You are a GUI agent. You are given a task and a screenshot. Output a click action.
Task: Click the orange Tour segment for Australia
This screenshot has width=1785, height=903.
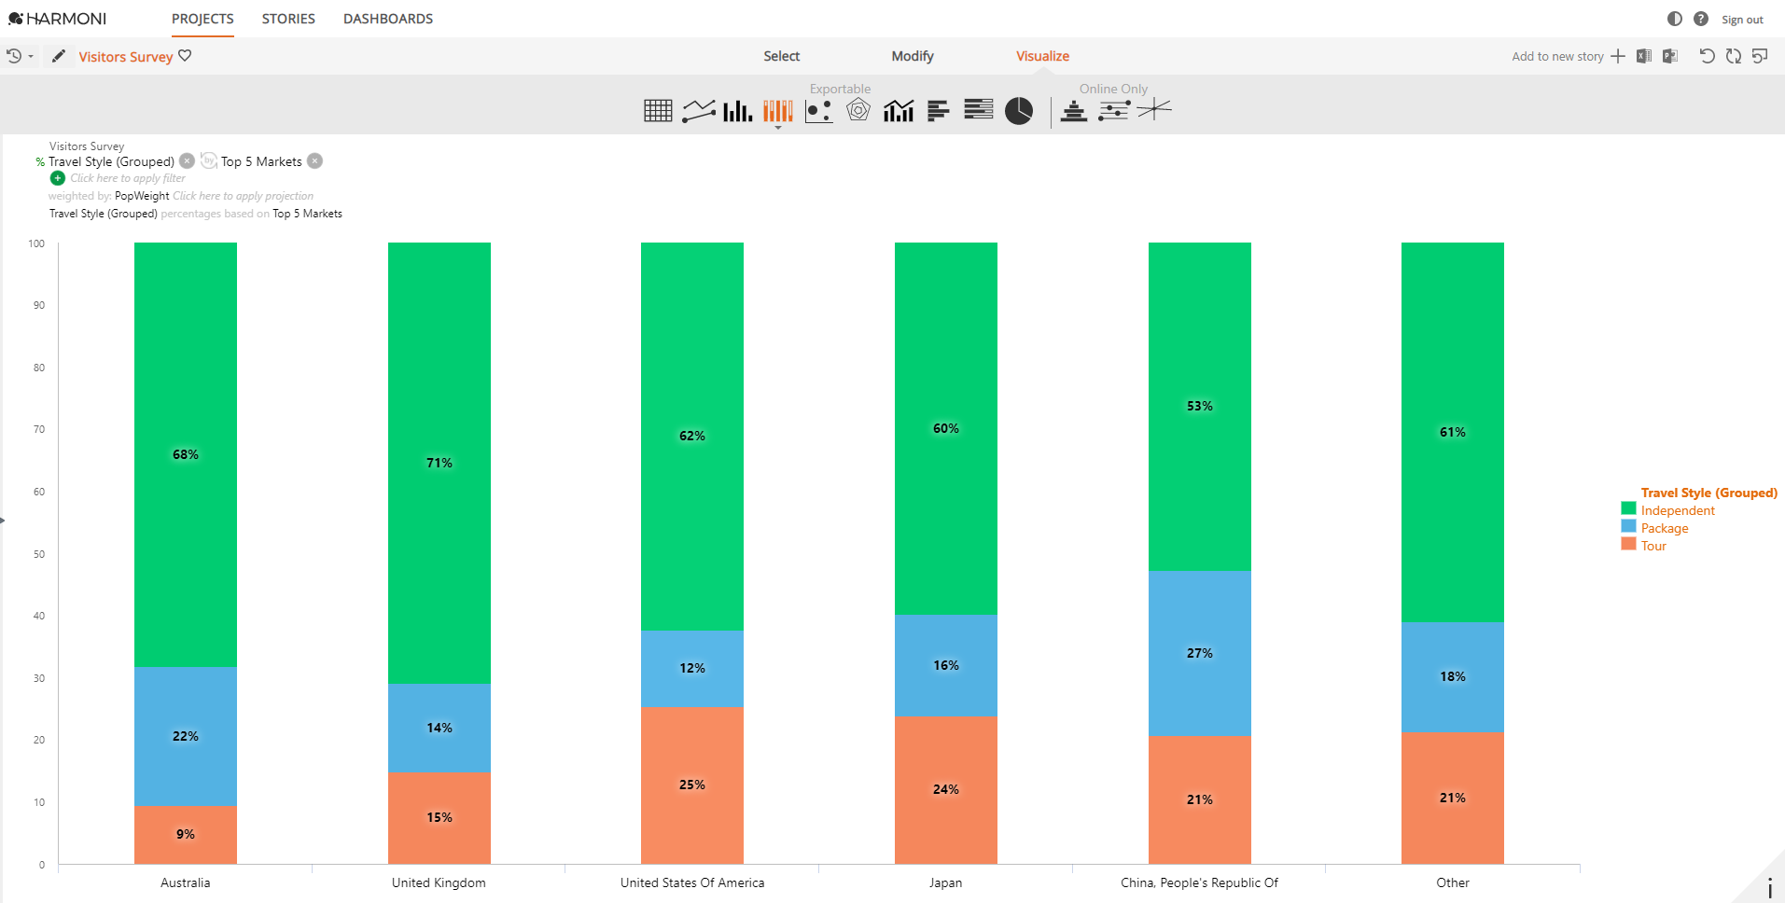(185, 834)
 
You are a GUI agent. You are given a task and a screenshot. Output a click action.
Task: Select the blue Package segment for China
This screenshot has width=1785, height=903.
(1199, 653)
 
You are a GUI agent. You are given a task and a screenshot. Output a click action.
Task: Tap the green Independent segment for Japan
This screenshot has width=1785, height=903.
(945, 428)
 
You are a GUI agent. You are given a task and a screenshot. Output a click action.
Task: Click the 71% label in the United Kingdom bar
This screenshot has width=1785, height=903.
(439, 463)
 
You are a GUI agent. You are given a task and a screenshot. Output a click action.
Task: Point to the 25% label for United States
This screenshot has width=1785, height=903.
(691, 785)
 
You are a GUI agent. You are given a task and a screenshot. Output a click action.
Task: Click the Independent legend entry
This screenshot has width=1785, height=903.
(1677, 510)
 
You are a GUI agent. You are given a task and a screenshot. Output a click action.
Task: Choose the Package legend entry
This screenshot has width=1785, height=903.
(1664, 528)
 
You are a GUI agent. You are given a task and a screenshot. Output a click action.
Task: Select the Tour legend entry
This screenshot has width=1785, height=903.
(1653, 546)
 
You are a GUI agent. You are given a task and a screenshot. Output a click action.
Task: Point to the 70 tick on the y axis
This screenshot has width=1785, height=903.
(39, 429)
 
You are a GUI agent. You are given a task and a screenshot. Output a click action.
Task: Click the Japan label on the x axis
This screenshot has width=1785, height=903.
(945, 882)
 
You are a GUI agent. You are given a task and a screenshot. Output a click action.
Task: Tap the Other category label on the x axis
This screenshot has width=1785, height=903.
(1452, 882)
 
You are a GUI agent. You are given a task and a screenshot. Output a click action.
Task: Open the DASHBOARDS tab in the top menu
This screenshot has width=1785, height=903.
(388, 19)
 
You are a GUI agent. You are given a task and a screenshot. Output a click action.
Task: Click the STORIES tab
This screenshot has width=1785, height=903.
(288, 19)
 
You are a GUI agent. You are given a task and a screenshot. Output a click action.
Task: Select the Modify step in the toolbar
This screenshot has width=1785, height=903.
(912, 56)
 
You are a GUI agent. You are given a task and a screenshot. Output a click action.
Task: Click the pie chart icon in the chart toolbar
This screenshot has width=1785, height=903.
(1018, 111)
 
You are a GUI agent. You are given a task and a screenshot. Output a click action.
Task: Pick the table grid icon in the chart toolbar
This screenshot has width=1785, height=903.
(658, 111)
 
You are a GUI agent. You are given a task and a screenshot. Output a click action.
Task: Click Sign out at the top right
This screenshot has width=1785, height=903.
(1742, 20)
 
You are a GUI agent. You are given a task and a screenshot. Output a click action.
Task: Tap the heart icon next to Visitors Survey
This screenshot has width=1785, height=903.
(185, 56)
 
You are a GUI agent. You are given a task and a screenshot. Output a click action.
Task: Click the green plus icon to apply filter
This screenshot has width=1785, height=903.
(58, 178)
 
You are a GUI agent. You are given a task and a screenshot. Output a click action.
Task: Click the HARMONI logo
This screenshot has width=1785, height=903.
(58, 19)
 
